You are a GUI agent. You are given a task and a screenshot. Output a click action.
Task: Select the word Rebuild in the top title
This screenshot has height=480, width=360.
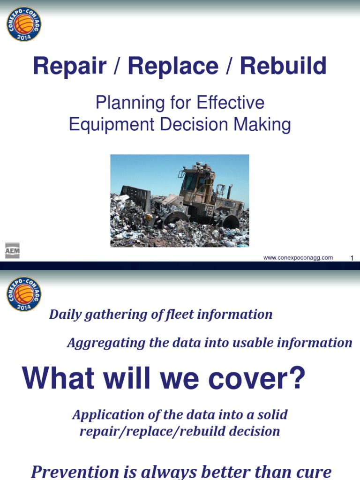(x=283, y=67)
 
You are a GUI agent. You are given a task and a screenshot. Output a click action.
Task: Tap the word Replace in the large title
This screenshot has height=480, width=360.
(x=173, y=67)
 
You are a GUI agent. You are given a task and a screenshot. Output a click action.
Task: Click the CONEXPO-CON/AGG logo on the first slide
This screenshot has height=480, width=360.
(x=24, y=24)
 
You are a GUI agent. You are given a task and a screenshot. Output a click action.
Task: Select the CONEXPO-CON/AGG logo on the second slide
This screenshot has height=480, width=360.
(x=24, y=294)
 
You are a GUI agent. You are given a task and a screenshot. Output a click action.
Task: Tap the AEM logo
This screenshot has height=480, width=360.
(x=12, y=251)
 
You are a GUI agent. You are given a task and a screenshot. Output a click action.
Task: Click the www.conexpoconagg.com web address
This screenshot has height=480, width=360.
(x=298, y=257)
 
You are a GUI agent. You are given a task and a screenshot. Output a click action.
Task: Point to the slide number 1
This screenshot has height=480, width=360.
(x=351, y=258)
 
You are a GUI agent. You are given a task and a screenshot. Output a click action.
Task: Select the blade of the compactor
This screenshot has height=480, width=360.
(x=136, y=197)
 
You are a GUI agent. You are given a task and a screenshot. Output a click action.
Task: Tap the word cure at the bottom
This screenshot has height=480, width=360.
(x=315, y=471)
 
